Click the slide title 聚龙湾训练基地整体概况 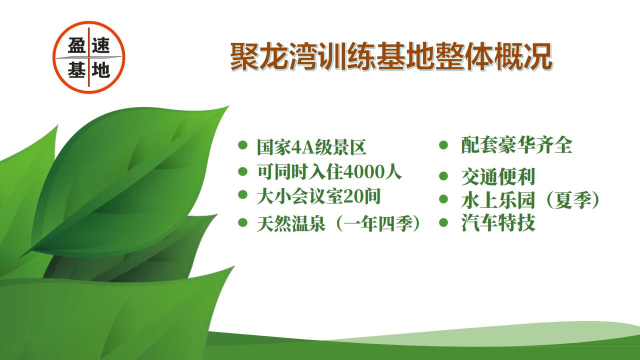(391, 57)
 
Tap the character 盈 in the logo (77, 45)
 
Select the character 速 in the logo (101, 45)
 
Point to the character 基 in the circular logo (77, 69)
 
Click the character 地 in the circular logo (101, 70)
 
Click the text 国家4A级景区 (311, 147)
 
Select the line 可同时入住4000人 (329, 172)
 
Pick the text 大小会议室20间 (318, 197)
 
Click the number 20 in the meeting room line (352, 197)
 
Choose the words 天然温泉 (291, 223)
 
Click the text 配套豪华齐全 (516, 145)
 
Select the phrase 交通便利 (498, 176)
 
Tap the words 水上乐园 (498, 200)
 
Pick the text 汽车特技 (498, 222)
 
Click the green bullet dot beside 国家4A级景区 (242, 145)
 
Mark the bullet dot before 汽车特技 (443, 222)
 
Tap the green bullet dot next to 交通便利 (443, 176)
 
